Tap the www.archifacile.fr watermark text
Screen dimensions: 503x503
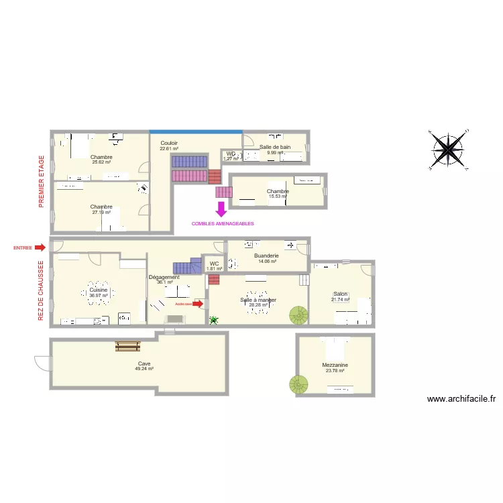click(461, 398)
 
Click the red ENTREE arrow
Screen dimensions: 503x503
click(40, 247)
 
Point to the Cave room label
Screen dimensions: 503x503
click(144, 364)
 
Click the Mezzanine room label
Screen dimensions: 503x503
click(335, 365)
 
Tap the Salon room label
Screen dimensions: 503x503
click(341, 294)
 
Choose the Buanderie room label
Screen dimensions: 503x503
click(266, 256)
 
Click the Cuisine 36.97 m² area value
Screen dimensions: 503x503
click(99, 296)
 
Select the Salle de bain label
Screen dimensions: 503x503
click(275, 147)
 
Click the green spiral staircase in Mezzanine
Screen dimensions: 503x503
click(298, 384)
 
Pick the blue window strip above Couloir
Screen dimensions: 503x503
click(196, 131)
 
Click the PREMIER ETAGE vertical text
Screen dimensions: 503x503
click(42, 180)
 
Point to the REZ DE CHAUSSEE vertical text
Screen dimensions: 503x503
click(42, 290)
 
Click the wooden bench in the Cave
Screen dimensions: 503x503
click(127, 346)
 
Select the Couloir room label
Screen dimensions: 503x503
click(169, 143)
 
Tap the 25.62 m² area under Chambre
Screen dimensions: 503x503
click(101, 162)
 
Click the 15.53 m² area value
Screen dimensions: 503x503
click(278, 197)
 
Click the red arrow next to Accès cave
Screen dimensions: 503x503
click(198, 304)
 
